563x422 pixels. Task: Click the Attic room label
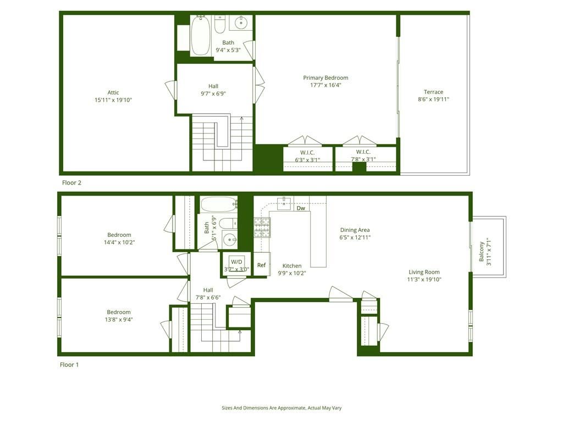click(113, 92)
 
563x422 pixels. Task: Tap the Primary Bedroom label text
click(325, 77)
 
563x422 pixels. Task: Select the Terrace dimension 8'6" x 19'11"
click(433, 99)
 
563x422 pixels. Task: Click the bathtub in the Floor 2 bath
click(200, 36)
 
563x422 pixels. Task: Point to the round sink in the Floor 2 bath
click(241, 23)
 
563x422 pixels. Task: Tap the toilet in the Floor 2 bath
click(220, 25)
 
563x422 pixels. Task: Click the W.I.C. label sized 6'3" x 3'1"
click(308, 152)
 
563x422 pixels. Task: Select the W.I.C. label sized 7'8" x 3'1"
click(363, 152)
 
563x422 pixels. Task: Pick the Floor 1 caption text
click(69, 364)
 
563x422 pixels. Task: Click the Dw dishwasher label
click(301, 208)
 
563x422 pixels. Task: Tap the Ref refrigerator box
click(261, 265)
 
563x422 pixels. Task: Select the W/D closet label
click(236, 262)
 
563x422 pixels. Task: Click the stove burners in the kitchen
click(262, 227)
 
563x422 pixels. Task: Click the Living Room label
click(424, 272)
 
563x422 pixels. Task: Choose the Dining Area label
click(355, 230)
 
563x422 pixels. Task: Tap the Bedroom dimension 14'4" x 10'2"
click(119, 242)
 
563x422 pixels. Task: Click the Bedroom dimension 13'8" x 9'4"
click(119, 319)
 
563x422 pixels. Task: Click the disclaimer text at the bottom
click(281, 408)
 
